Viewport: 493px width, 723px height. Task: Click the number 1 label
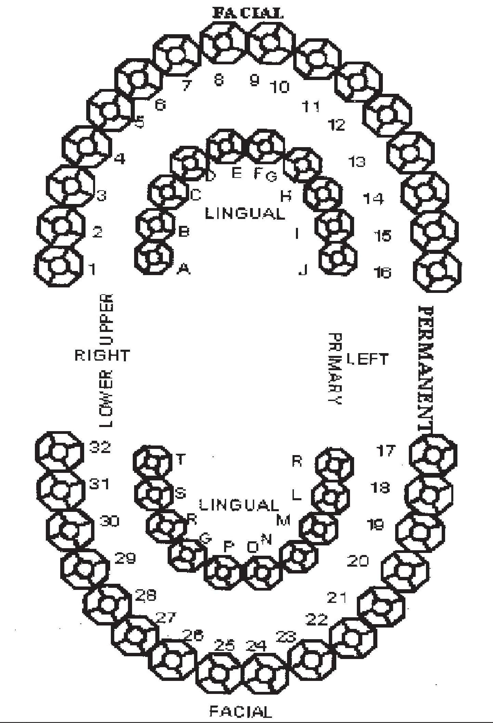92,269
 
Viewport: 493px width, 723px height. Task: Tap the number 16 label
382,273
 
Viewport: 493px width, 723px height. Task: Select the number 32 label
100,447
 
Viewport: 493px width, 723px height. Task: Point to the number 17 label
386,451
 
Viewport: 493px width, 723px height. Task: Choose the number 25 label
225,645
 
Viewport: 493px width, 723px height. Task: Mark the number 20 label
358,561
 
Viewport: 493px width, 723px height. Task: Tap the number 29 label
125,558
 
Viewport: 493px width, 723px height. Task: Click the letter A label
184,270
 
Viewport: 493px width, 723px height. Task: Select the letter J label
303,271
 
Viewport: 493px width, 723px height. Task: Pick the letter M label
284,520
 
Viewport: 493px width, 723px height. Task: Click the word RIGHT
102,356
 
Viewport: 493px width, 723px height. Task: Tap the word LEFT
367,359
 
